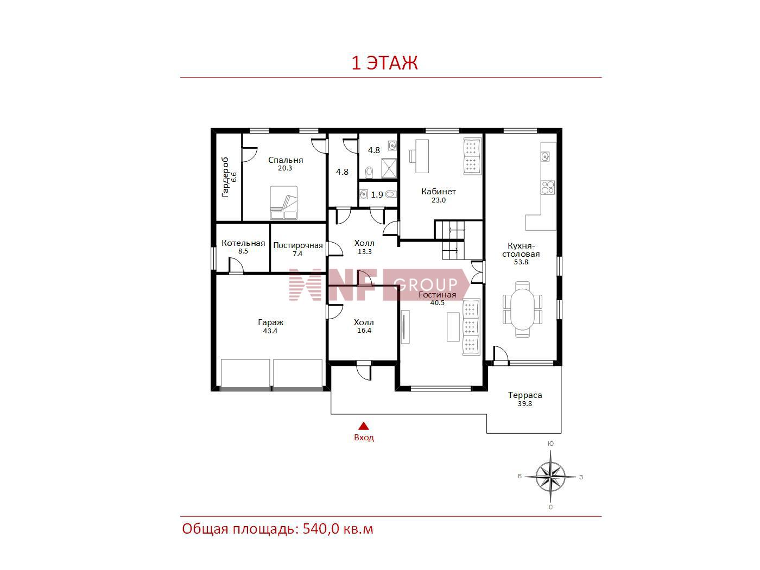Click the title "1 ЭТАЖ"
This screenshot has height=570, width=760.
coord(384,63)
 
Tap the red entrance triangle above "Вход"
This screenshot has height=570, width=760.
coord(363,426)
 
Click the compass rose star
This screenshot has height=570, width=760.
coord(550,477)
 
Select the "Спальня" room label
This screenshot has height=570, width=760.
coord(286,160)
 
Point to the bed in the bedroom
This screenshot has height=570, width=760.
coord(283,203)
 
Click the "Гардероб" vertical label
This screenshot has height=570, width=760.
coord(225,177)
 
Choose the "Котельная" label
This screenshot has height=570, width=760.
coord(243,243)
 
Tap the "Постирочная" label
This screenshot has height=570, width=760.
coord(298,245)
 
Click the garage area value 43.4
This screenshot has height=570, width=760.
coord(270,331)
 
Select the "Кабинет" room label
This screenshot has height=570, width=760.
coord(438,192)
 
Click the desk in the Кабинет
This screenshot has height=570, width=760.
coord(422,156)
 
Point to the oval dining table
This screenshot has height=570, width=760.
coord(522,309)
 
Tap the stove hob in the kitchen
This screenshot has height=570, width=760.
coord(548,187)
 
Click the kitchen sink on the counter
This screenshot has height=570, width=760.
coord(545,156)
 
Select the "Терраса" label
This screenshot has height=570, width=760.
coord(525,395)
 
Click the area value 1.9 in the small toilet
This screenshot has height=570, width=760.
coord(377,195)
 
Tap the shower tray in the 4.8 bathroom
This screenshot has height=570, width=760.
coord(389,168)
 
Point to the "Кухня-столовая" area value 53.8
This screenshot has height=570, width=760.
coord(521,262)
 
